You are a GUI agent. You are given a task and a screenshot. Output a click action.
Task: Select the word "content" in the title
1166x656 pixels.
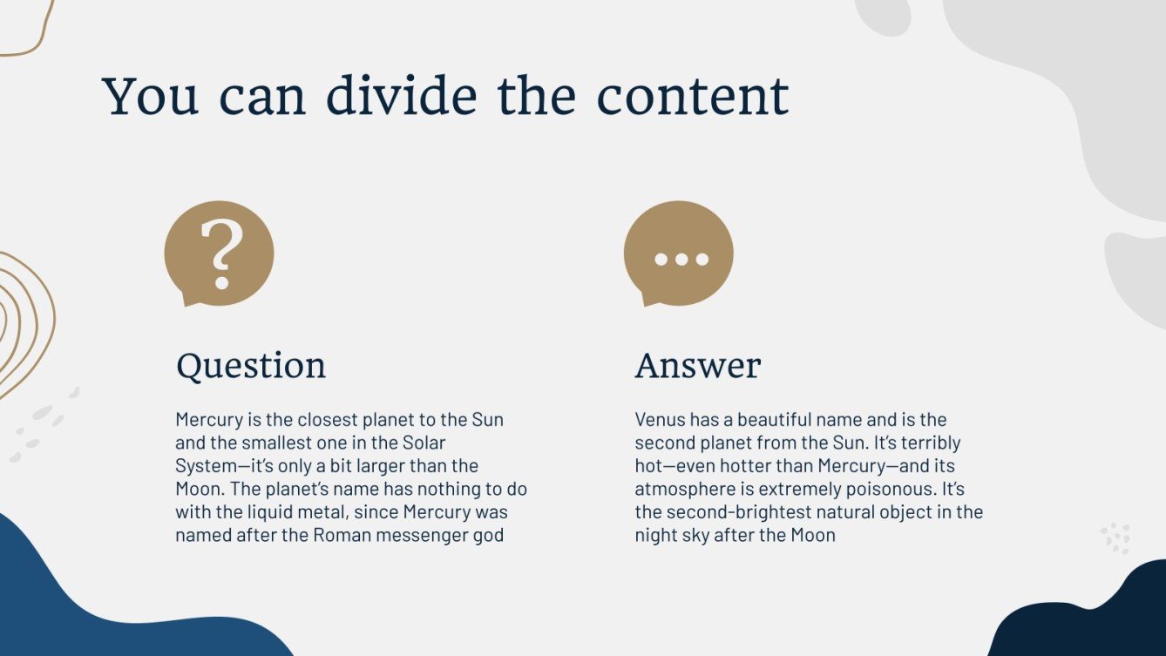click(x=692, y=96)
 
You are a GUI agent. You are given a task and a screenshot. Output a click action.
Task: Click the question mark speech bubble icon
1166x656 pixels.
click(x=219, y=254)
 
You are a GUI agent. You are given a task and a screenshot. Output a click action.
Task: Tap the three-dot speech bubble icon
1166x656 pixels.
click(x=679, y=254)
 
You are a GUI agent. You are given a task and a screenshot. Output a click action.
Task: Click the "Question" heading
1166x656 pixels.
click(x=251, y=366)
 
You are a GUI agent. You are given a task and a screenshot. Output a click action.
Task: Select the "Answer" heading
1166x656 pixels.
click(x=697, y=366)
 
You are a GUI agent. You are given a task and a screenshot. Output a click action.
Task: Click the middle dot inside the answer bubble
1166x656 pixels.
click(x=679, y=259)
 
